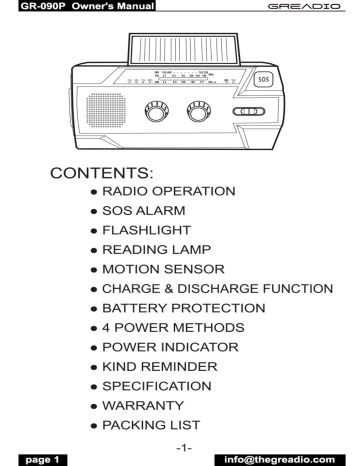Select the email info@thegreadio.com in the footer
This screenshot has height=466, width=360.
point(301,460)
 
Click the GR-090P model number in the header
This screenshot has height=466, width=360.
point(22,6)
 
